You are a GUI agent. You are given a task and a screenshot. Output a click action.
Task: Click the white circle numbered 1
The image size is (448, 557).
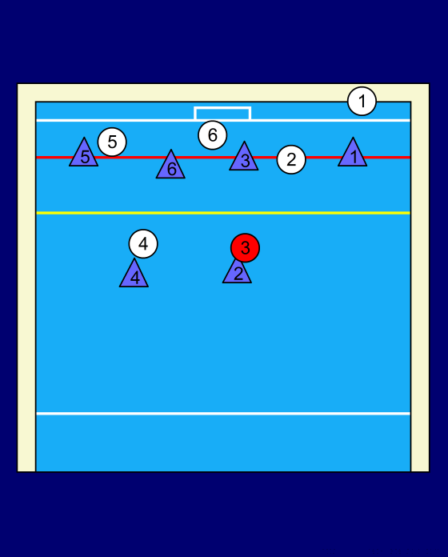click(362, 102)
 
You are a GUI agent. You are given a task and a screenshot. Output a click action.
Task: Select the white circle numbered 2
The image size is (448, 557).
click(291, 159)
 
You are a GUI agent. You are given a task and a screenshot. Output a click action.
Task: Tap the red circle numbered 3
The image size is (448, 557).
click(245, 248)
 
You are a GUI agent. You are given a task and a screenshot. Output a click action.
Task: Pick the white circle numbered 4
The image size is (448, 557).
click(143, 243)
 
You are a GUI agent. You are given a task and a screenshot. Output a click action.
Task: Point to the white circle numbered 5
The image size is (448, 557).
click(112, 142)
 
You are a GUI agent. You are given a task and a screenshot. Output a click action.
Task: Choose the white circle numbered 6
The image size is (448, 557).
click(212, 135)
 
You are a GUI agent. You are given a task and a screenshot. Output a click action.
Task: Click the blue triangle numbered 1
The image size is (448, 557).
click(353, 154)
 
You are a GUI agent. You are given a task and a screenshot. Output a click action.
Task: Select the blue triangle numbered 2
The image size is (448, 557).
click(237, 273)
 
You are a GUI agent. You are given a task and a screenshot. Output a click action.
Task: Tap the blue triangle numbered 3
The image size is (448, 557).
click(244, 158)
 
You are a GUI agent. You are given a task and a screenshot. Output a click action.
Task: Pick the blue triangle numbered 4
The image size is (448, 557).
click(134, 275)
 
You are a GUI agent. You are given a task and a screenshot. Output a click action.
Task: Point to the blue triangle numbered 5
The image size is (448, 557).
click(84, 154)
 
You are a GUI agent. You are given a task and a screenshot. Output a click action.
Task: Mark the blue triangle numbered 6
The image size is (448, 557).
click(170, 166)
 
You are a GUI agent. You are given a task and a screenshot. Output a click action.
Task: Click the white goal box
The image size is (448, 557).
click(222, 107)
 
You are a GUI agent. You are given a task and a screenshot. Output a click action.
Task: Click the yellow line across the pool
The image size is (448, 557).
click(223, 213)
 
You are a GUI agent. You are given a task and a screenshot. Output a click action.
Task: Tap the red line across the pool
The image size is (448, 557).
click(223, 157)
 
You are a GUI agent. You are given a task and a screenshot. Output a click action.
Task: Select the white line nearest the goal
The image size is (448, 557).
click(223, 120)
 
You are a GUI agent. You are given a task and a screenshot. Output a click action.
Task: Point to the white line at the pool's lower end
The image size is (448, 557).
click(223, 414)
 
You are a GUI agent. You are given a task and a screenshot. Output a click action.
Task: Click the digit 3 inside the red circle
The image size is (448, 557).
click(246, 248)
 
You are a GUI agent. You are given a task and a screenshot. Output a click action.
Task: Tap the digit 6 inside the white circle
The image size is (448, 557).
click(212, 135)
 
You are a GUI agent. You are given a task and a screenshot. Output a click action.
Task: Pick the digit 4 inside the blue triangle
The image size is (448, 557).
click(135, 278)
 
